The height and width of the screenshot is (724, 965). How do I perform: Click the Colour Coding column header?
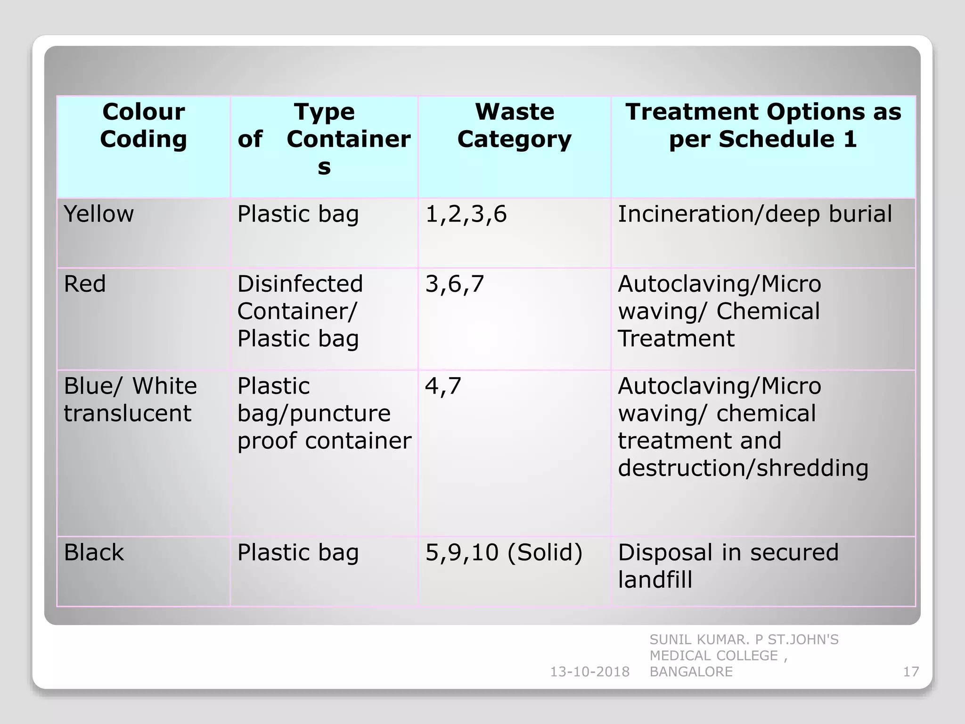click(143, 125)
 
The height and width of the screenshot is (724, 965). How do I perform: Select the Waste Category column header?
click(514, 125)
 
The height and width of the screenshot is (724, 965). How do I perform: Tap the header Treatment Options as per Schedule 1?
click(763, 125)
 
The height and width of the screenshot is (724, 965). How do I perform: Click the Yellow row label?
click(98, 214)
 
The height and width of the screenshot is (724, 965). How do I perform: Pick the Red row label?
click(85, 284)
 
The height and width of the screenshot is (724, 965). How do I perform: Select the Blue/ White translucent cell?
click(130, 399)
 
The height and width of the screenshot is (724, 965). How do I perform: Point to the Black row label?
click(94, 552)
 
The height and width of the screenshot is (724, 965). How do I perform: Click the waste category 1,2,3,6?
click(466, 214)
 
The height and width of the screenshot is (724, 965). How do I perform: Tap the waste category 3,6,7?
click(455, 284)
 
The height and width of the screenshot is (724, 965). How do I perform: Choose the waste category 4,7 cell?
click(443, 386)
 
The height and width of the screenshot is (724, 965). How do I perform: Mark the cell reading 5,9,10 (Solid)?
click(504, 552)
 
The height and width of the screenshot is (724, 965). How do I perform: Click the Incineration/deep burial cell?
click(755, 214)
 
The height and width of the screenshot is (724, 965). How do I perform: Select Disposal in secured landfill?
click(728, 566)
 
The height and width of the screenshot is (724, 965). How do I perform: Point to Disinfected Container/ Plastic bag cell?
click(300, 311)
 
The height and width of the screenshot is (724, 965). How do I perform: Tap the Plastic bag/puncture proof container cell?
click(324, 413)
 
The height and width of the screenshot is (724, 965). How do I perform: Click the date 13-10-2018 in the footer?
click(590, 672)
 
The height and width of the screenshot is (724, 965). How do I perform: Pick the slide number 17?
click(911, 672)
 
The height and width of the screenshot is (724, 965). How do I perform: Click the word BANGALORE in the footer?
click(691, 672)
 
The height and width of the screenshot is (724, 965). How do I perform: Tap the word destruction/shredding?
click(743, 468)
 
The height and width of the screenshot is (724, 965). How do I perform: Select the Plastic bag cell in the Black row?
click(298, 552)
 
